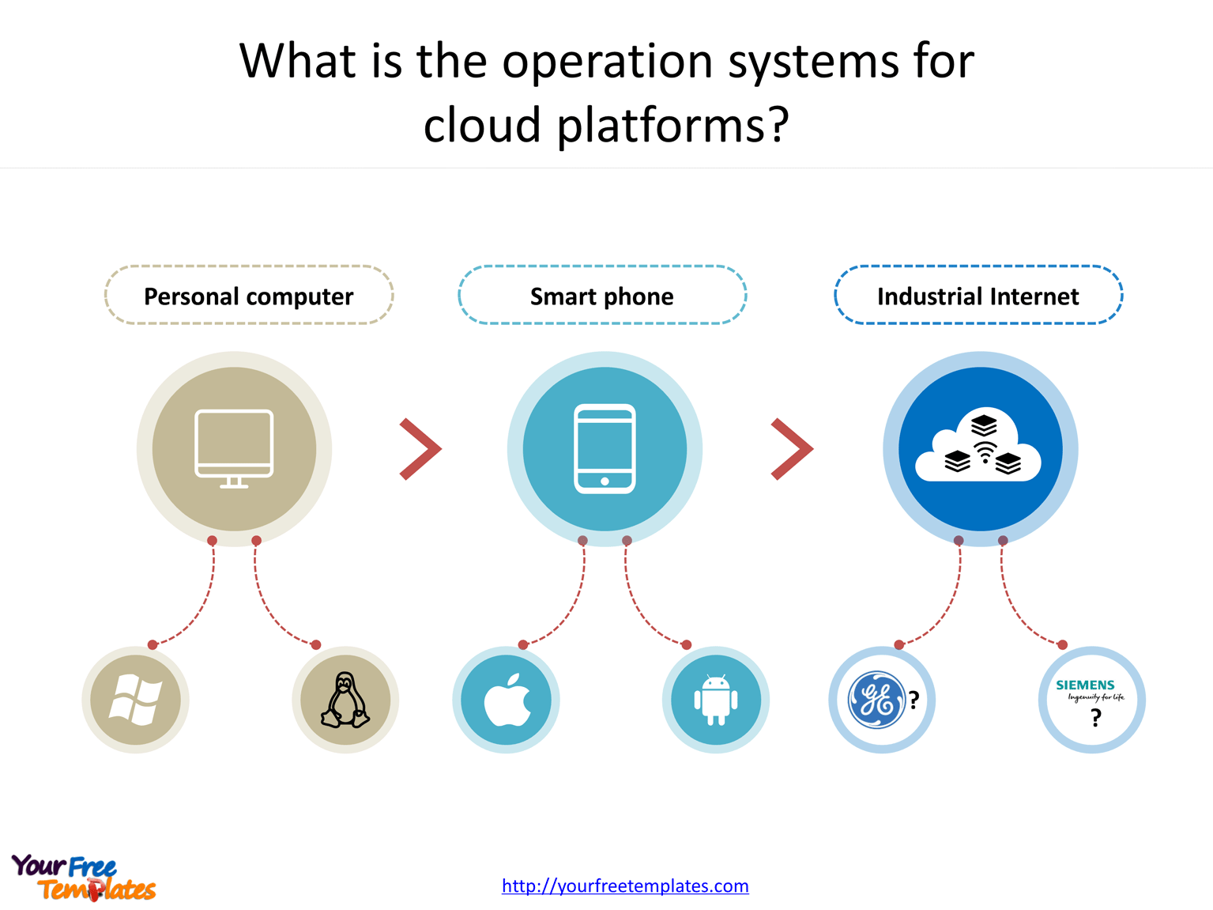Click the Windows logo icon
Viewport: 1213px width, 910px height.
(x=135, y=700)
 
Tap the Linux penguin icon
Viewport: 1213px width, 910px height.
(x=345, y=700)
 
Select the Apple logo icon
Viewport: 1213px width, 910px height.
(x=507, y=700)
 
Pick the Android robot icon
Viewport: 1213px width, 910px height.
(x=715, y=700)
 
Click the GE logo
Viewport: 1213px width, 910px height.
(x=876, y=700)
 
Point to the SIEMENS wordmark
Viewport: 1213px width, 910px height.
(x=1085, y=685)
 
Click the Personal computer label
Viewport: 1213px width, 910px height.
(x=248, y=296)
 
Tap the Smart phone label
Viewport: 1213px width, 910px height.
(x=602, y=296)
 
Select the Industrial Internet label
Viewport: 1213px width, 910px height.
(x=978, y=296)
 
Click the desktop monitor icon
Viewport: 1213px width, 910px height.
(x=234, y=448)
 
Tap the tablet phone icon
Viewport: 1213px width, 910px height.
(x=605, y=448)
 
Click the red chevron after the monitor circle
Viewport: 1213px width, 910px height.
(x=420, y=448)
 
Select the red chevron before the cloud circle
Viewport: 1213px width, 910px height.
(x=791, y=448)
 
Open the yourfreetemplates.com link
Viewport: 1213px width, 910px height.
(x=625, y=885)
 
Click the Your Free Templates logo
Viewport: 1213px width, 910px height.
(x=83, y=878)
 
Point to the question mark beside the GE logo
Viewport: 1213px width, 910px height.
(x=914, y=700)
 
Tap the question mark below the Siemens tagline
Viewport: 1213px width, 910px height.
(x=1095, y=718)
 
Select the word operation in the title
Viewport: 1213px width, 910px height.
(x=608, y=61)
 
